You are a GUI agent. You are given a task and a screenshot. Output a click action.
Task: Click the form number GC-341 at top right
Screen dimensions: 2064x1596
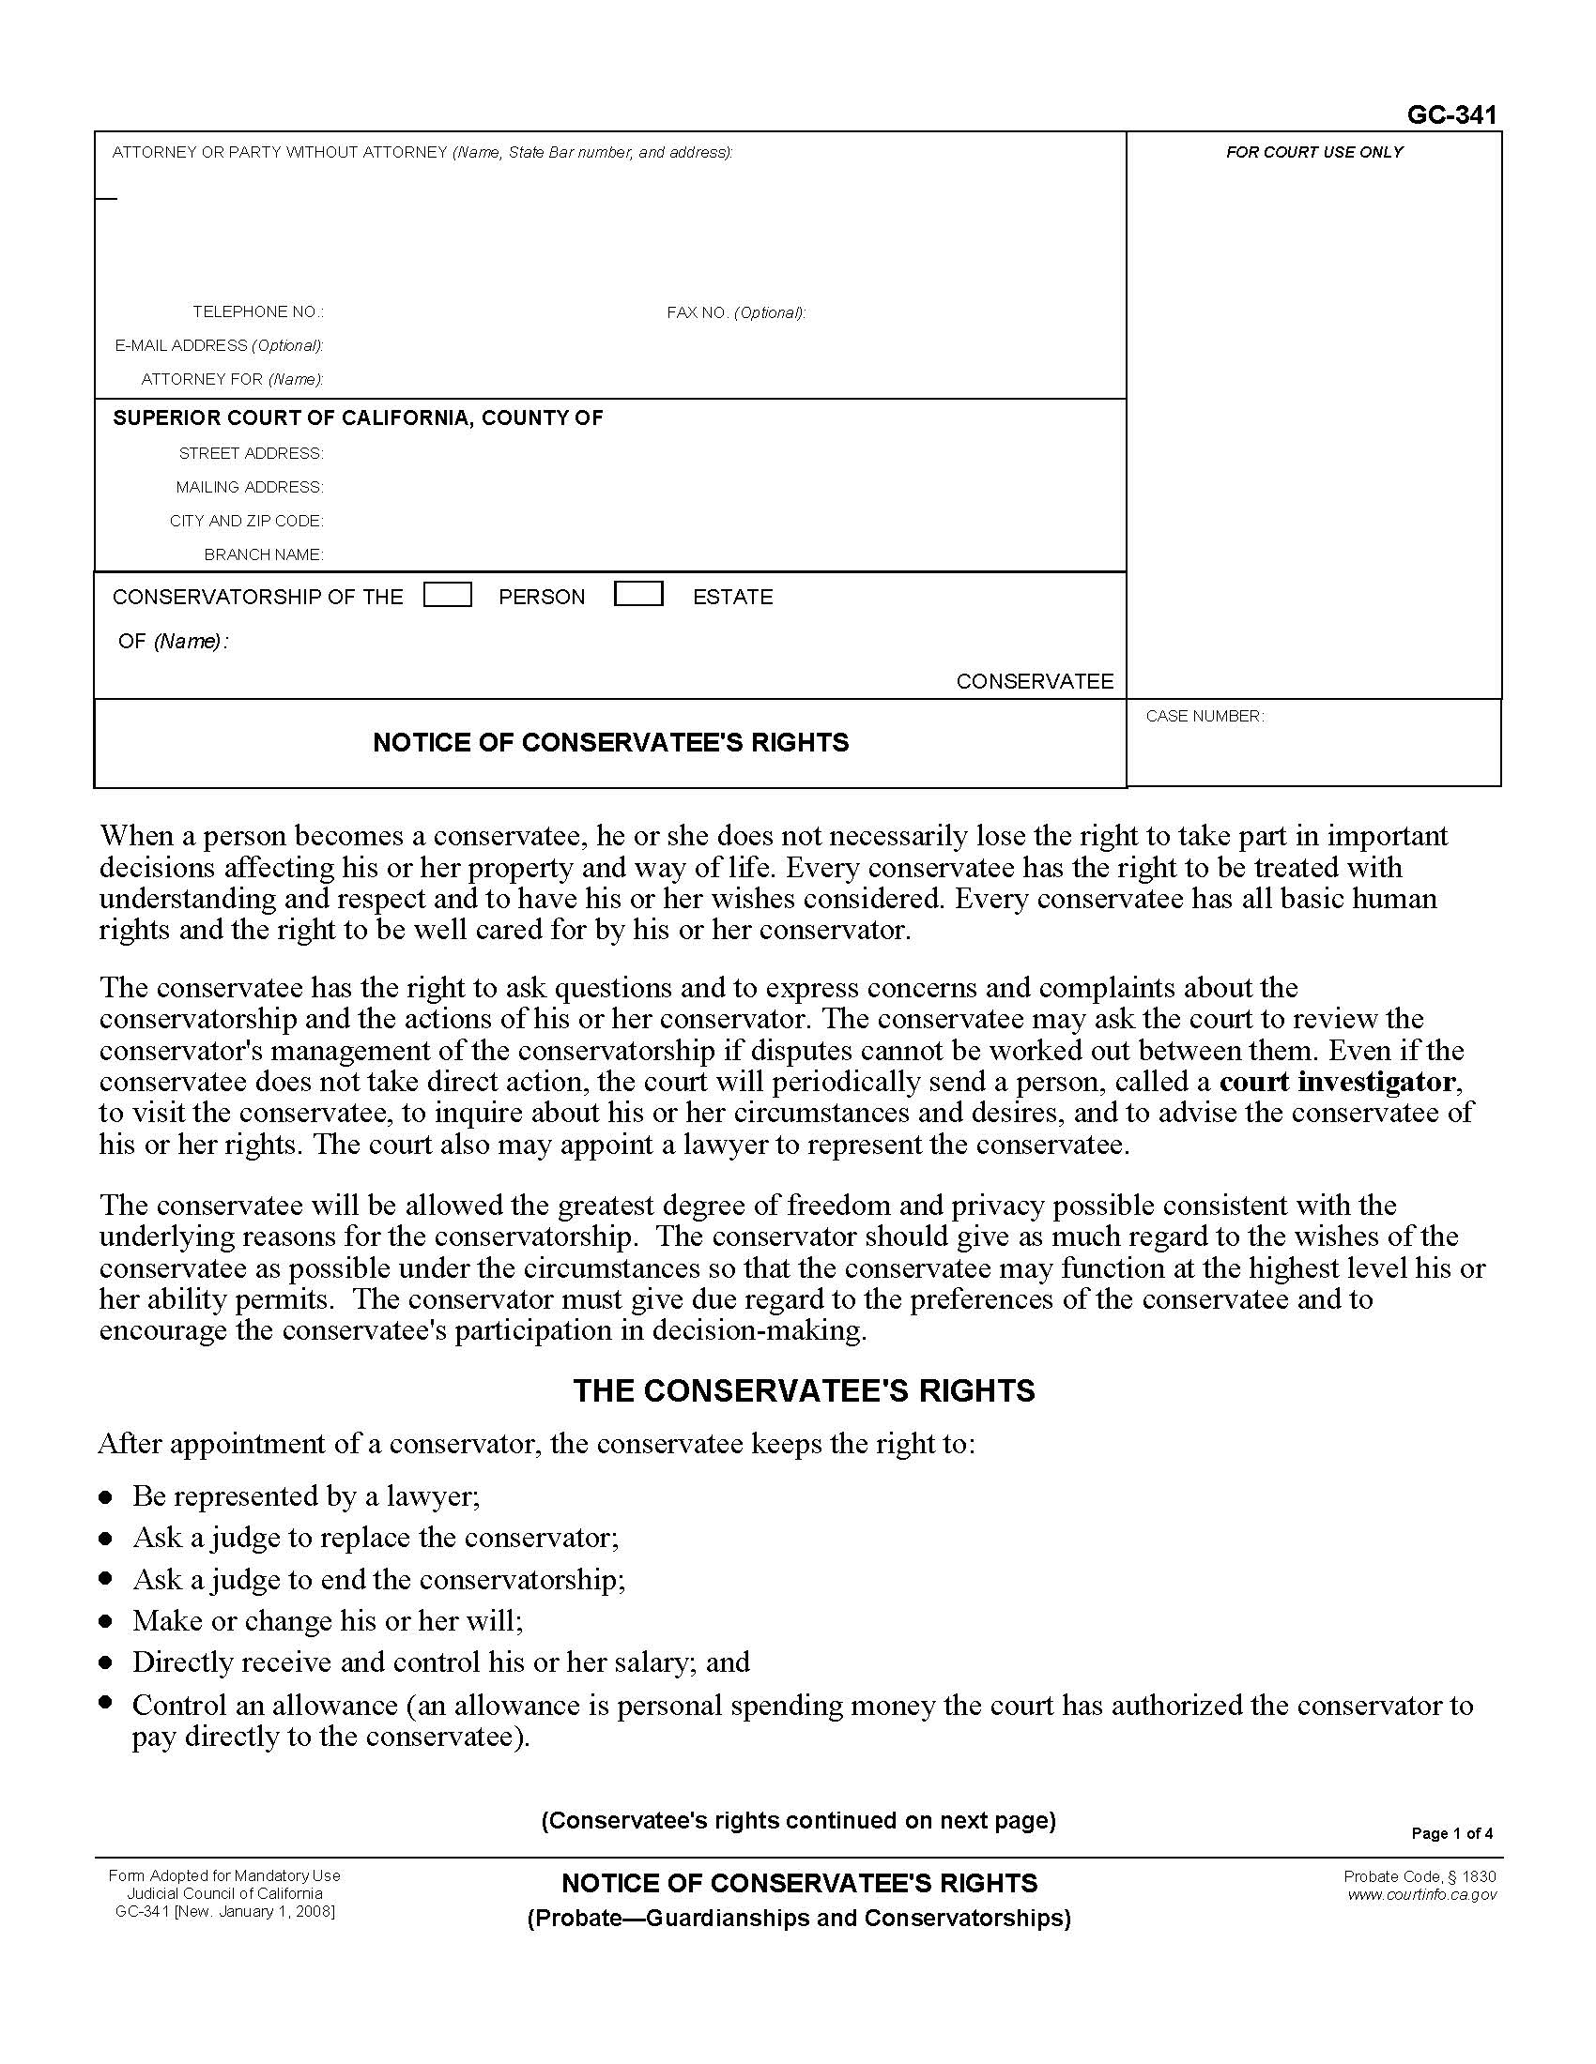[x=1451, y=115]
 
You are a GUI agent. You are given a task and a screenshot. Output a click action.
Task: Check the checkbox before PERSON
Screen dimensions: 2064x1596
[x=448, y=595]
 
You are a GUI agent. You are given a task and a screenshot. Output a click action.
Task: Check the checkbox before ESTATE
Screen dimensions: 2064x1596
[x=638, y=595]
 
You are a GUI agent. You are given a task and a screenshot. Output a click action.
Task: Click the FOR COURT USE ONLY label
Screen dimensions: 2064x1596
[x=1313, y=152]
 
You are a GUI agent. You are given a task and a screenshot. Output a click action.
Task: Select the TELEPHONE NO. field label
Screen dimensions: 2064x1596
[x=258, y=311]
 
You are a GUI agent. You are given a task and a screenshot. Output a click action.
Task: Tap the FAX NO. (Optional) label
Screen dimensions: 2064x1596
[x=736, y=312]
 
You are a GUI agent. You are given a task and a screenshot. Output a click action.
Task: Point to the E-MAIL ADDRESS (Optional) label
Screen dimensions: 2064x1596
[x=220, y=346]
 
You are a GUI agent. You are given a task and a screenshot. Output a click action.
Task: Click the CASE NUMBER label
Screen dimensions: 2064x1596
[x=1204, y=717]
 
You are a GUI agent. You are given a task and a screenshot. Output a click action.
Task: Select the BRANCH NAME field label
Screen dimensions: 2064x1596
[x=264, y=554]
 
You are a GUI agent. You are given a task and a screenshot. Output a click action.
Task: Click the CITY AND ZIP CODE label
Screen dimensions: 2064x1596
[x=247, y=521]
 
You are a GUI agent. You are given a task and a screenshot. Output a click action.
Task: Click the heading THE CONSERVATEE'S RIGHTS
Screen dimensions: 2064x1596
[x=804, y=1391]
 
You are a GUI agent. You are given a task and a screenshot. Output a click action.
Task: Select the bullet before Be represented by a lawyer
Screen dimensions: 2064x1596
[x=107, y=1498]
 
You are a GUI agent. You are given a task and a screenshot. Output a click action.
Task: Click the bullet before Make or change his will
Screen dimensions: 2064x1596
[x=107, y=1623]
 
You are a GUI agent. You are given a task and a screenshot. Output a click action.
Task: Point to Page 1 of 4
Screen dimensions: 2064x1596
[x=1451, y=1833]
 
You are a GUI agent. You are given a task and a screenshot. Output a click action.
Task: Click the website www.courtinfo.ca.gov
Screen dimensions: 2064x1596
[x=1421, y=1895]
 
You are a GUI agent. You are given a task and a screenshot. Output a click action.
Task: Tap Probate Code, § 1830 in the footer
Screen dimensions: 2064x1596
[x=1420, y=1877]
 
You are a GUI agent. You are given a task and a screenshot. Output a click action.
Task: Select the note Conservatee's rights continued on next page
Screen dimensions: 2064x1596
[x=798, y=1820]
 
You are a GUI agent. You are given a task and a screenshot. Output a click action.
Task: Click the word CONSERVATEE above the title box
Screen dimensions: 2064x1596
[x=1035, y=681]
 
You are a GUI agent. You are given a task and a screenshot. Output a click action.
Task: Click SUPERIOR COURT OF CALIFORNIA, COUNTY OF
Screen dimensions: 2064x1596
[x=358, y=417]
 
